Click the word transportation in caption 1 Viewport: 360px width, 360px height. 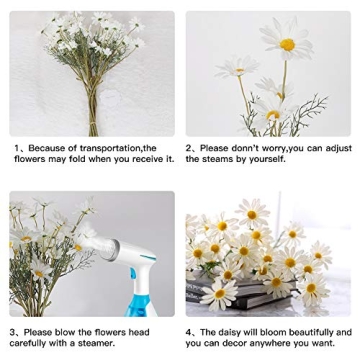(x=118, y=148)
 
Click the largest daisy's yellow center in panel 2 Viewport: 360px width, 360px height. (x=287, y=45)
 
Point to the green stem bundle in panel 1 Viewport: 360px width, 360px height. (x=92, y=105)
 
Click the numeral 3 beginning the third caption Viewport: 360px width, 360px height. (x=13, y=332)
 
